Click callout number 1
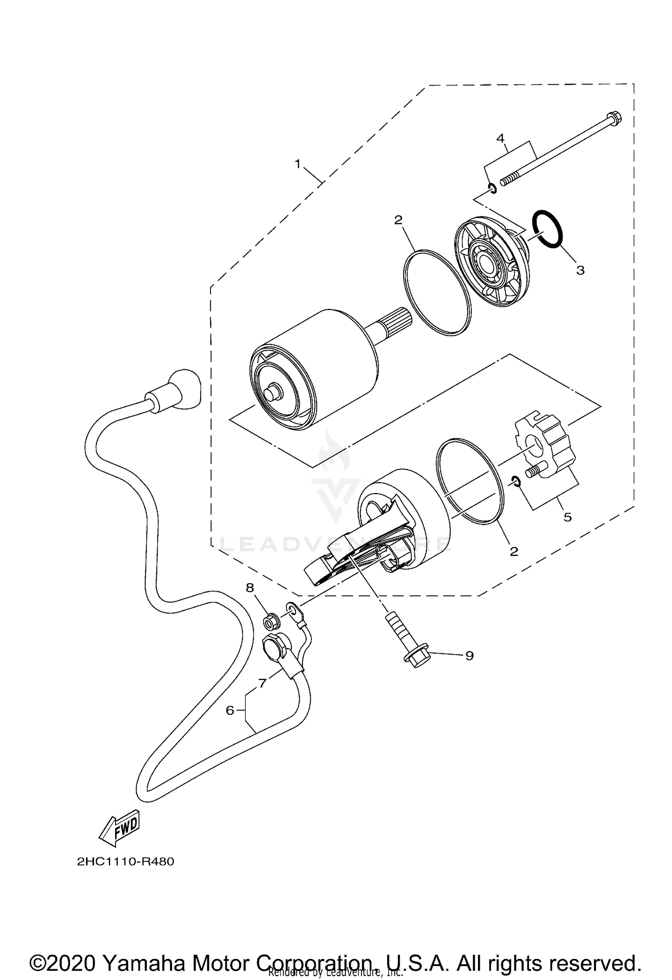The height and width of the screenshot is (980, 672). [x=298, y=164]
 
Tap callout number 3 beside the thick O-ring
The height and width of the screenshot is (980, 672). [x=580, y=270]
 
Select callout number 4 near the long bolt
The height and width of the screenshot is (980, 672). [x=501, y=137]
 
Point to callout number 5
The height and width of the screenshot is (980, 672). [x=568, y=517]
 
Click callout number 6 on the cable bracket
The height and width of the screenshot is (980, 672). [x=230, y=710]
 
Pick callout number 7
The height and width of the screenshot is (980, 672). [x=263, y=683]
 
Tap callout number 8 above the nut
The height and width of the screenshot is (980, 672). [x=250, y=587]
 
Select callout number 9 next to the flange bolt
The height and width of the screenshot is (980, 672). [x=469, y=656]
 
